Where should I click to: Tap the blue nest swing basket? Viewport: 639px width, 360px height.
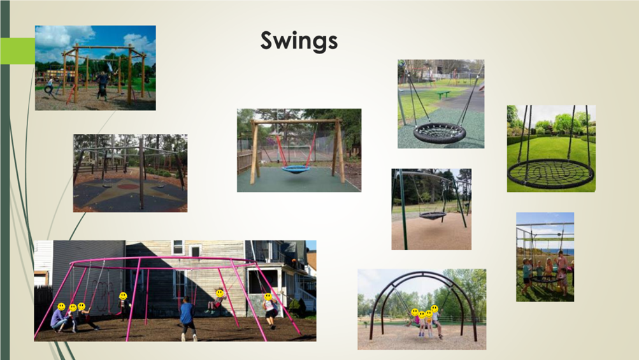[296, 168]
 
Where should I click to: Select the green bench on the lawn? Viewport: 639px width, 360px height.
[443, 94]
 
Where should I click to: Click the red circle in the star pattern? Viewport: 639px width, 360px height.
[129, 187]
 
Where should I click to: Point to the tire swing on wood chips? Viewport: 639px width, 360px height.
[49, 89]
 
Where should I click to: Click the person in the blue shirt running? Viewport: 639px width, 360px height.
[187, 319]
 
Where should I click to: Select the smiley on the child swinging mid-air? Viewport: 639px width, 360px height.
[220, 293]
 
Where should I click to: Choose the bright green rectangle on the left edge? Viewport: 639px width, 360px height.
[18, 50]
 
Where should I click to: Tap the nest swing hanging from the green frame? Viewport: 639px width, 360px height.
[433, 215]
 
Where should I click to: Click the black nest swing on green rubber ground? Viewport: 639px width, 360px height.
[440, 133]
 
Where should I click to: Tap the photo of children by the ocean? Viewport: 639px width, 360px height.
[545, 257]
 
